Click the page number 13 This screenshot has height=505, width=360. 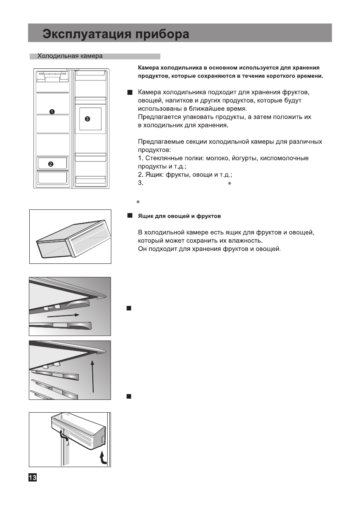33,477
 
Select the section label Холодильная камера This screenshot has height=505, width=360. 70,56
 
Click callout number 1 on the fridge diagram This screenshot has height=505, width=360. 52,111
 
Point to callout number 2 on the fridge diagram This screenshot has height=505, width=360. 51,164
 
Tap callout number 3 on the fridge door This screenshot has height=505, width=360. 87,119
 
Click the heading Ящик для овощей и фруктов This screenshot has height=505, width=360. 179,216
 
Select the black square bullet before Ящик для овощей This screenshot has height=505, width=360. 129,216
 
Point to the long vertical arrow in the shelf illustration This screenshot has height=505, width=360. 94,376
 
